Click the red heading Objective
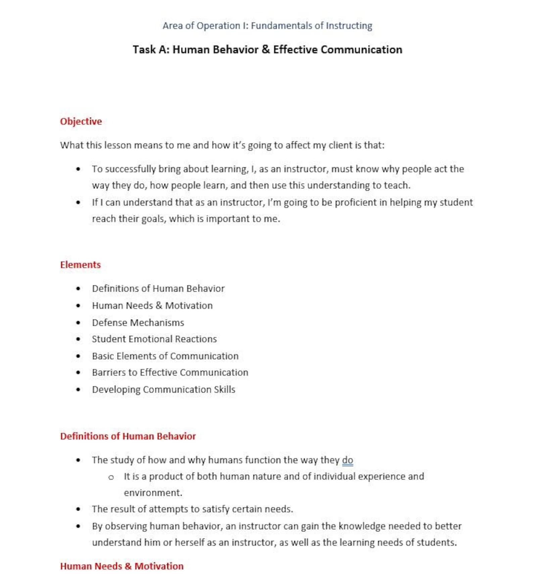(x=81, y=121)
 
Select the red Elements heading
(x=80, y=265)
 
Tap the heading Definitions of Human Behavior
(x=128, y=436)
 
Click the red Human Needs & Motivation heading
(x=122, y=566)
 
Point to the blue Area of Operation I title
(x=267, y=26)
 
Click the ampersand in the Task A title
(x=265, y=49)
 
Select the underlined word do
(x=347, y=460)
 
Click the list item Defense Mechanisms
(x=138, y=323)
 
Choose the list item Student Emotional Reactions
(x=154, y=339)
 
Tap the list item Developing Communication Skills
(x=163, y=389)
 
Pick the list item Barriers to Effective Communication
(x=170, y=372)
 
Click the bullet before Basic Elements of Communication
(x=78, y=356)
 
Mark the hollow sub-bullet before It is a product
(x=111, y=477)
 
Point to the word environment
(x=153, y=493)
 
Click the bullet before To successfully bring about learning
(x=78, y=169)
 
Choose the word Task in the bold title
(x=144, y=49)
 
